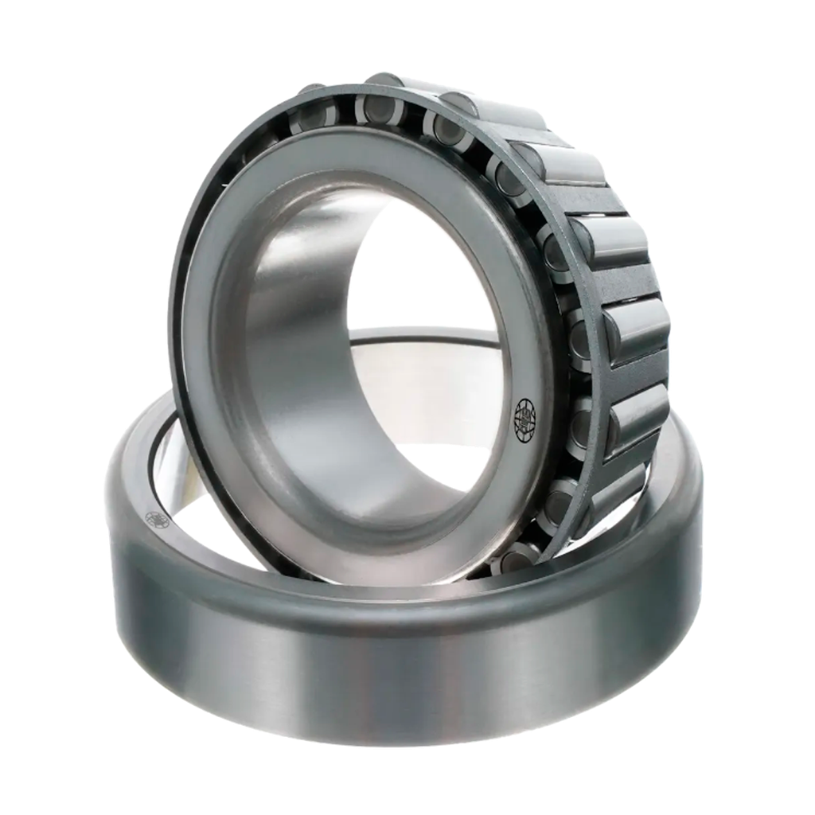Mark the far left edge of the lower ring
point(105,509)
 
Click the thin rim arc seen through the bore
point(422,334)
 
